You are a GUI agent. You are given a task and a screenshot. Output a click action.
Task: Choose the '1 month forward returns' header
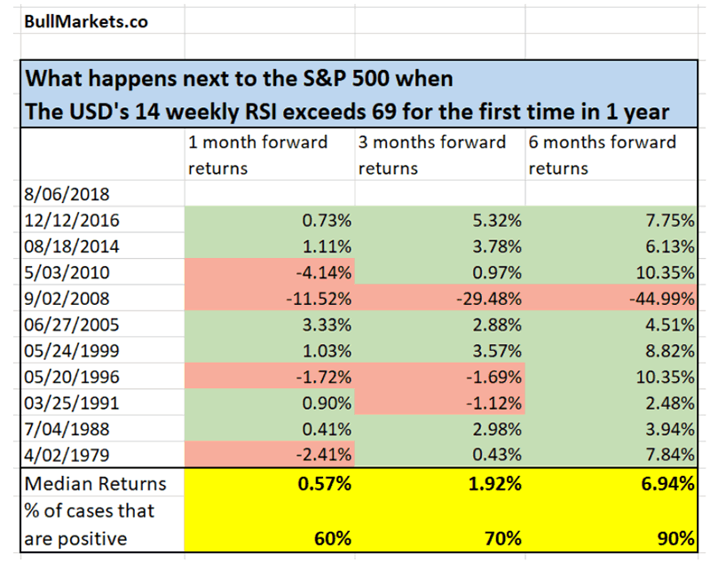click(258, 154)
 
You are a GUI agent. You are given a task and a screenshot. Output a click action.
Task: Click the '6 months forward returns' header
click(603, 154)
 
